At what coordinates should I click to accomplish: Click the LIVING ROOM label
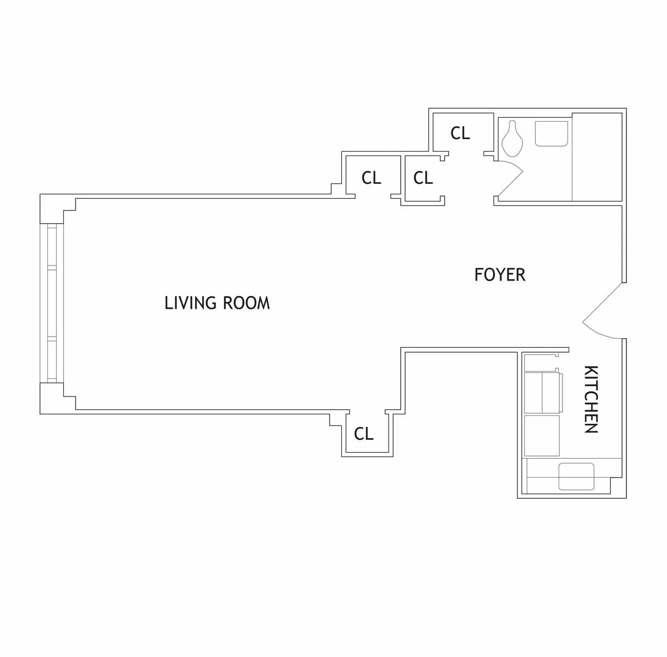tap(217, 303)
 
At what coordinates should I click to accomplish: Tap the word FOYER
tap(500, 275)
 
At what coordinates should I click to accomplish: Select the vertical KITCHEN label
tap(591, 399)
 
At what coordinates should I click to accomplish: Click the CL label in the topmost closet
tap(460, 133)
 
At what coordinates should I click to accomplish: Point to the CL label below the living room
tap(364, 434)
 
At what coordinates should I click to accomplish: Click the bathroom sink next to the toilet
tap(551, 134)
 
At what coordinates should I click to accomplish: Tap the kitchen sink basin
tap(576, 477)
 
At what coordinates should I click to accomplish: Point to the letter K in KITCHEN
tap(591, 370)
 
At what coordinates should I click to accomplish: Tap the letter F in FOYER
tap(479, 275)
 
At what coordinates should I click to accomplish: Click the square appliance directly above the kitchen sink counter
tap(542, 436)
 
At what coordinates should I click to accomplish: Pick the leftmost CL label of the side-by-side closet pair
tap(371, 178)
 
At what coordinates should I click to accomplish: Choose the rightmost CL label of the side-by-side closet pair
tap(423, 178)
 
